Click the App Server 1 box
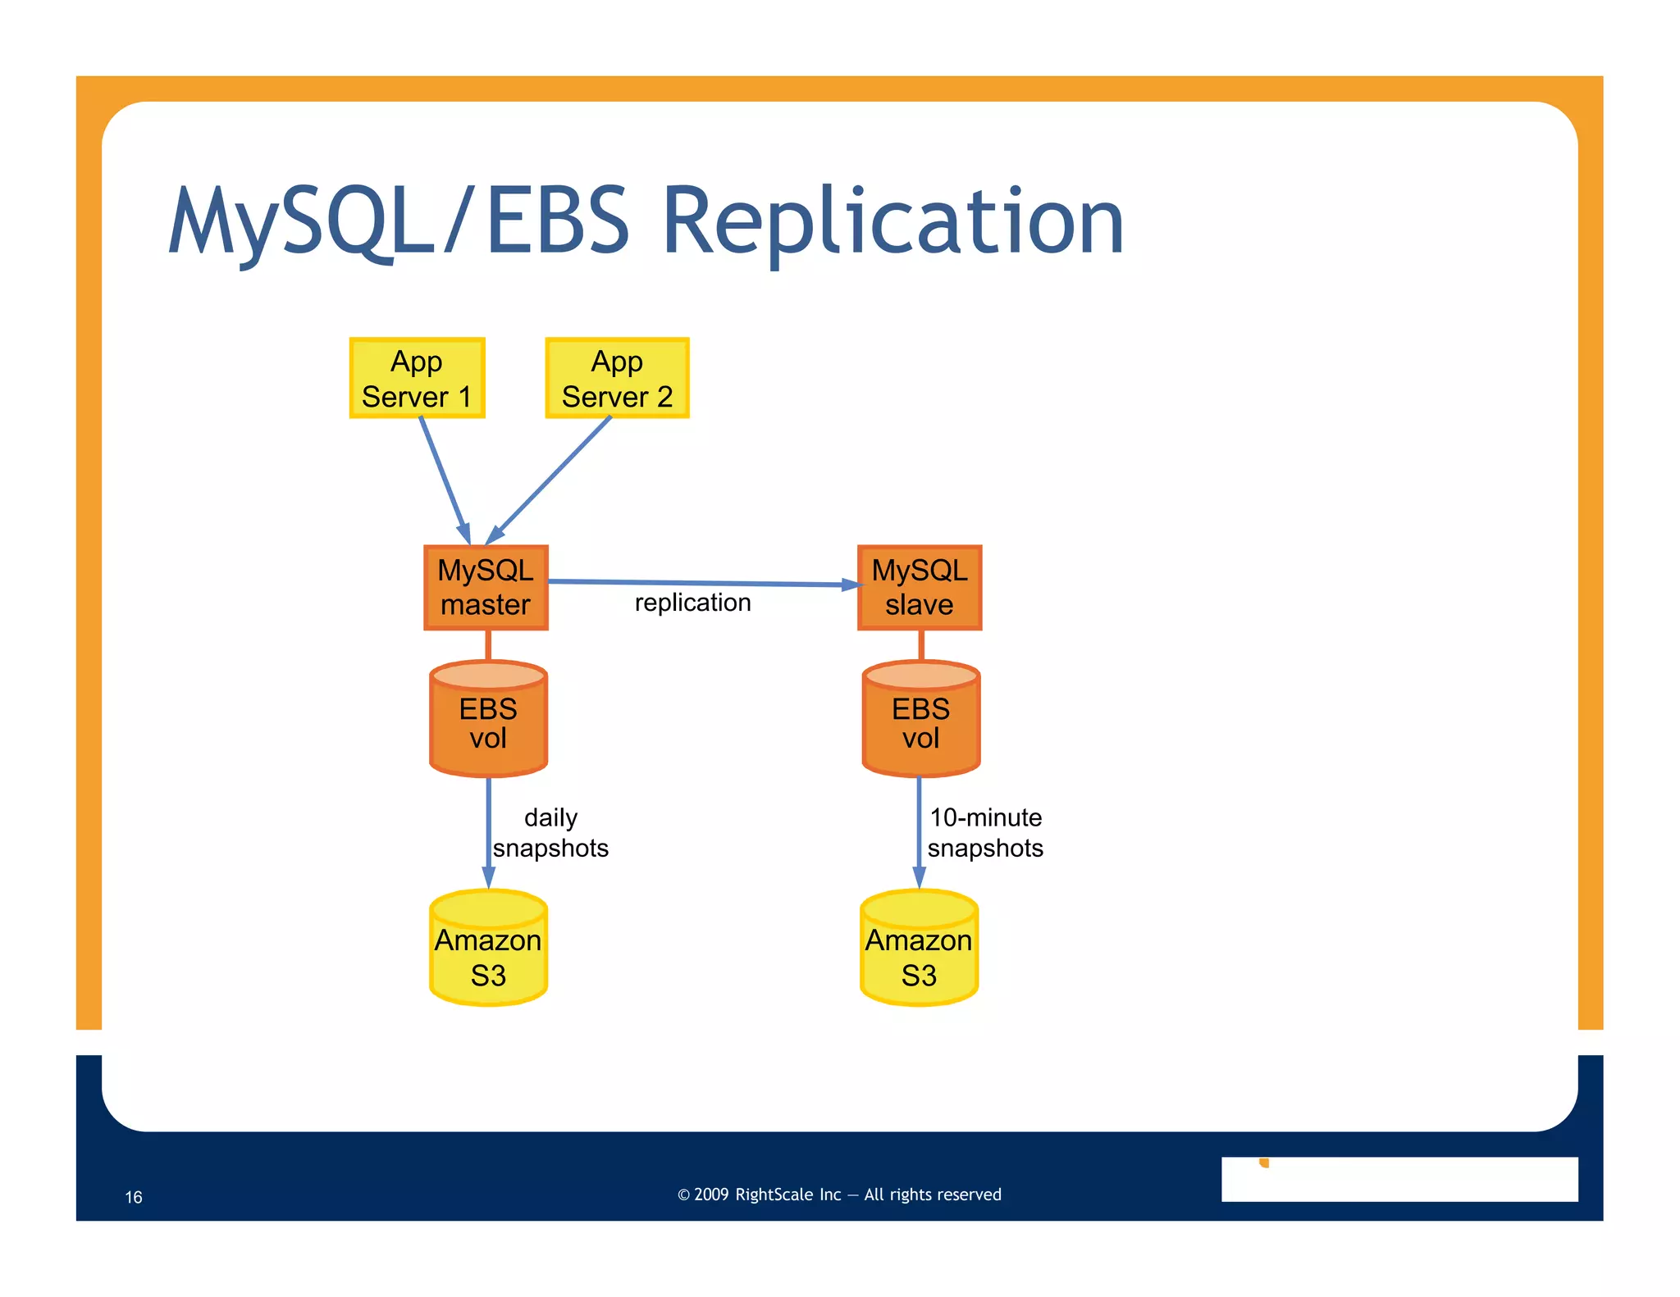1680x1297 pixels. click(417, 378)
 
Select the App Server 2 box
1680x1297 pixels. click(617, 378)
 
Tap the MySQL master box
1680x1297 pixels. click(486, 587)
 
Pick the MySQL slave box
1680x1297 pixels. click(919, 587)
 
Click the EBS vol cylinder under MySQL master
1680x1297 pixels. click(488, 721)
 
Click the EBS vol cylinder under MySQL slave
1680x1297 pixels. click(920, 721)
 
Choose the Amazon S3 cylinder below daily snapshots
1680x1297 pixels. click(488, 951)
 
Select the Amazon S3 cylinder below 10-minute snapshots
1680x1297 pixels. click(919, 951)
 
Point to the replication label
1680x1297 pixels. click(692, 603)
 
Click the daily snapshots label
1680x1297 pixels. click(550, 832)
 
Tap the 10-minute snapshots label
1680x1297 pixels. click(985, 832)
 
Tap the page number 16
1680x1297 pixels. click(134, 1197)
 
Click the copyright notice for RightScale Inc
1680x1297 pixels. click(839, 1195)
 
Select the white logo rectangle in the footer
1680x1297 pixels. click(1399, 1179)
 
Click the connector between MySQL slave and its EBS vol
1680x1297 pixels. click(921, 645)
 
